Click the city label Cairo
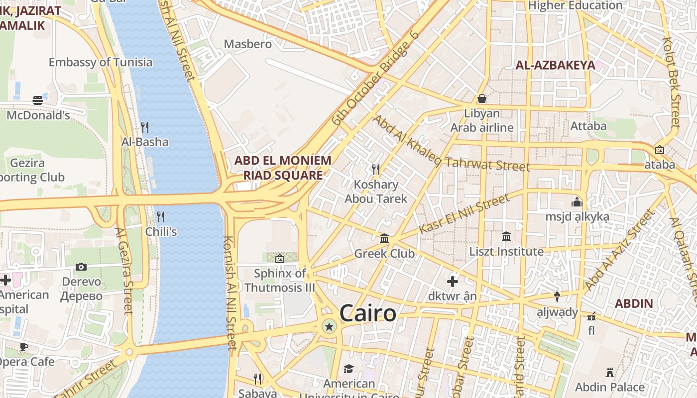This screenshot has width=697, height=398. point(368,313)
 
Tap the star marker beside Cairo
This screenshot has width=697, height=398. point(329,326)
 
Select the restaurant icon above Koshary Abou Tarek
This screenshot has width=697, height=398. point(376,170)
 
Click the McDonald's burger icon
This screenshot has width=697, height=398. point(38,100)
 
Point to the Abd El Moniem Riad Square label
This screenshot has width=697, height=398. point(282,168)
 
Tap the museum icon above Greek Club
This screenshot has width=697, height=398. point(384,239)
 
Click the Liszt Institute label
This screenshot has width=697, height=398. point(506,251)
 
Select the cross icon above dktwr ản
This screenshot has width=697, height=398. point(452,282)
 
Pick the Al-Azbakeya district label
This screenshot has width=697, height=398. point(555,65)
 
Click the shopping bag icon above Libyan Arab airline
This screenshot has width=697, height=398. point(481,99)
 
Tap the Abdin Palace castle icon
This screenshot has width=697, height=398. point(609,372)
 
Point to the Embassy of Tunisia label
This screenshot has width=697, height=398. point(101,62)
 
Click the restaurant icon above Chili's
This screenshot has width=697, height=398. point(160,216)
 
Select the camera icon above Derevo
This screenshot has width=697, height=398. point(81,267)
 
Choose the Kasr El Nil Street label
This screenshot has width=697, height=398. point(465,214)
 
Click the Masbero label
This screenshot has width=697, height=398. point(248,44)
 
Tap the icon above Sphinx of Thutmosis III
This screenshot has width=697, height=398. point(280,258)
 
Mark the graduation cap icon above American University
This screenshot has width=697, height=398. point(348,369)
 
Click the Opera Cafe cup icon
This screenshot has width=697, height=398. point(23,347)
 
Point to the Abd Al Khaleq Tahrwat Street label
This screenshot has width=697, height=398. point(451,144)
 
